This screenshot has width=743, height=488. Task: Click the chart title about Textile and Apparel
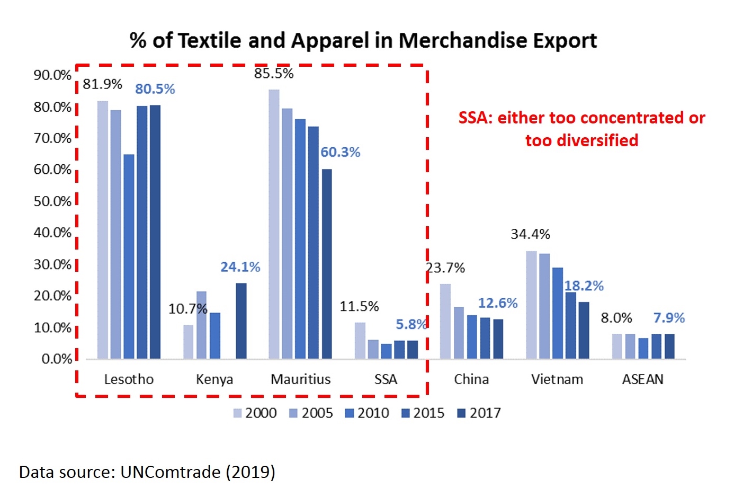point(363,41)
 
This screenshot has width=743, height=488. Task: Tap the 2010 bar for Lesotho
point(129,256)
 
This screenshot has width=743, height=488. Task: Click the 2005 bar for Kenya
point(201,325)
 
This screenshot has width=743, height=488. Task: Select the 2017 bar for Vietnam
point(584,330)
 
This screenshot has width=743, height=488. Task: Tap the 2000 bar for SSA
point(360,340)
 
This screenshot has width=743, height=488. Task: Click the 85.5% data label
point(274,74)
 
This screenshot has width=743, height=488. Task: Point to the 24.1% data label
point(240,267)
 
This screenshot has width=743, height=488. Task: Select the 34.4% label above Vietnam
point(530,234)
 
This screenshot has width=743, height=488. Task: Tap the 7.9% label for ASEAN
point(669,318)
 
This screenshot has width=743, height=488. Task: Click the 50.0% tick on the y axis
point(52,201)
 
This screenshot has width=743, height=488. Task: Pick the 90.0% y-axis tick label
point(52,75)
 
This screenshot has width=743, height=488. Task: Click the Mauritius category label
point(300,379)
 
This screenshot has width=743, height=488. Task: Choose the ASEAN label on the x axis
point(642,379)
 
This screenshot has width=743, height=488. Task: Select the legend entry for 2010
point(367,413)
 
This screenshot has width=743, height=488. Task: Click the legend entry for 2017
point(479,413)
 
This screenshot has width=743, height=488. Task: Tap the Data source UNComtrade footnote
point(147,472)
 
